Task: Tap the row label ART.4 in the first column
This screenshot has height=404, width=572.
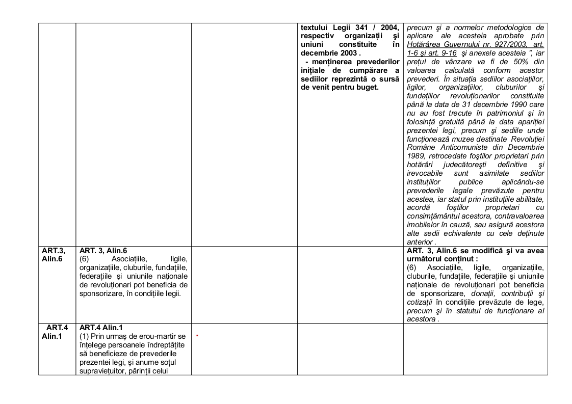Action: [x=56, y=327]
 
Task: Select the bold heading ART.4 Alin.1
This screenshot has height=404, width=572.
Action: [x=102, y=327]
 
